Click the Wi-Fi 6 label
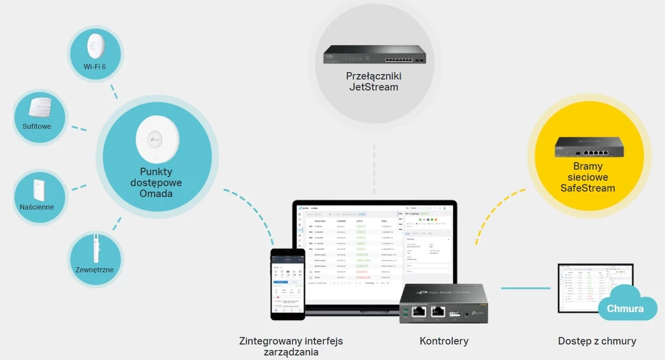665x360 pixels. [94, 67]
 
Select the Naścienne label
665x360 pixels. [37, 207]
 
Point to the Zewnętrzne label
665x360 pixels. [94, 270]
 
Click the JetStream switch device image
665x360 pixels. [373, 55]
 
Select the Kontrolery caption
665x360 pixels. [444, 341]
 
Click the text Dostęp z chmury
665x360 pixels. [597, 341]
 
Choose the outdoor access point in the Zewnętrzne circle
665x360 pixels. [94, 248]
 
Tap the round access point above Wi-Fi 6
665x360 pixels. [94, 46]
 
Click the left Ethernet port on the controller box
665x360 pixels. [420, 311]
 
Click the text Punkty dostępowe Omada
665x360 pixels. [156, 183]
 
